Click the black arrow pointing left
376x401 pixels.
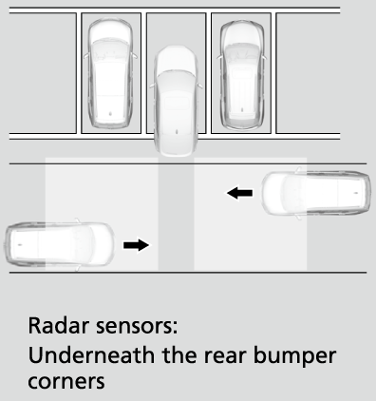tap(239, 193)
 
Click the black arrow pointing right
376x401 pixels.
tap(136, 245)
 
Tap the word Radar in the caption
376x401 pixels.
tap(59, 325)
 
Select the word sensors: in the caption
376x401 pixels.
tap(137, 326)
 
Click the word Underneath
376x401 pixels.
tap(91, 355)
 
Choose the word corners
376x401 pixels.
tap(66, 381)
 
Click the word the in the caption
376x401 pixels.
tap(179, 355)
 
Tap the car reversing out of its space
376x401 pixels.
tap(176, 101)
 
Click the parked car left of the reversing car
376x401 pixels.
tap(110, 73)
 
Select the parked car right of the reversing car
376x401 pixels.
tap(242, 75)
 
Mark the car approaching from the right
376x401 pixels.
tap(316, 193)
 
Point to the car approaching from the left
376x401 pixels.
tap(60, 244)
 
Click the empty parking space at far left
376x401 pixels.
tap(43, 73)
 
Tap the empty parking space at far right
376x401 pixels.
tap(308, 73)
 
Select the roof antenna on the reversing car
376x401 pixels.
tap(178, 131)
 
